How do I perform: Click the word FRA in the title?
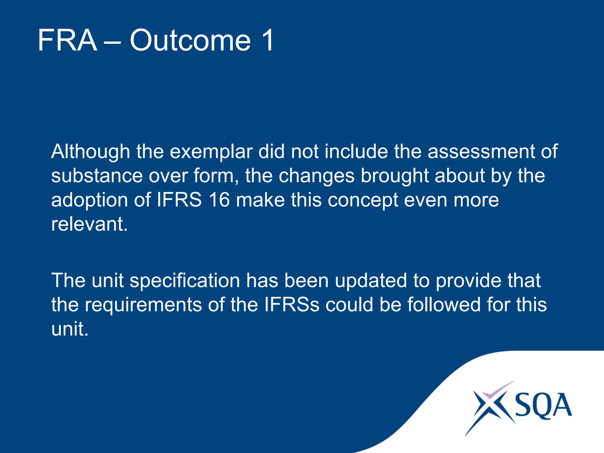(67, 40)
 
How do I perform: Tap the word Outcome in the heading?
(190, 40)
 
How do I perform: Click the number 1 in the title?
(267, 40)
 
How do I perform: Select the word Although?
(91, 152)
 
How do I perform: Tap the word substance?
(97, 176)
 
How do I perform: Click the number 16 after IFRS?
(219, 200)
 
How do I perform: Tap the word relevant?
(89, 224)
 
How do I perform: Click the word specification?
(185, 281)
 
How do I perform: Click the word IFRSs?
(292, 305)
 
